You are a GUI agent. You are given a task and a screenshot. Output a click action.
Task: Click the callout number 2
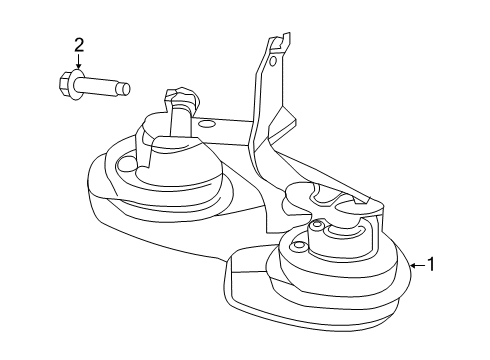pos(78,44)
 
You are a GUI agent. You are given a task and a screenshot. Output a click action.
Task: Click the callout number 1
pos(431,265)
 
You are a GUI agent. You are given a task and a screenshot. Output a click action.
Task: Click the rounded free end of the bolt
pos(127,88)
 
